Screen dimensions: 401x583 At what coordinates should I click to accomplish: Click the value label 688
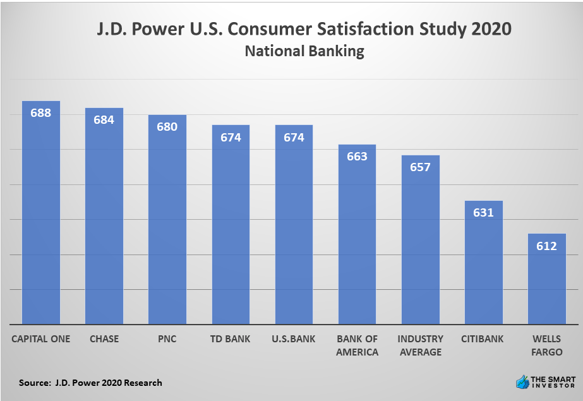click(x=41, y=113)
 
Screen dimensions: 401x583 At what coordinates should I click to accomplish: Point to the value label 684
click(x=104, y=119)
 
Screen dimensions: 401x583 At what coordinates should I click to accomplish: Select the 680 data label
click(x=167, y=126)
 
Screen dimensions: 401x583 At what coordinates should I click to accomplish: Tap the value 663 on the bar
click(x=357, y=156)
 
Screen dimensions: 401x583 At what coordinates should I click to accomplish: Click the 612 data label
click(x=546, y=246)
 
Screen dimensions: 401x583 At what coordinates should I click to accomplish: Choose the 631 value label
click(x=483, y=212)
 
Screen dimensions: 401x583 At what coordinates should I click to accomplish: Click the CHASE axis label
click(x=104, y=339)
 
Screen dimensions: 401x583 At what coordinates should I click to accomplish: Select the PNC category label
click(x=167, y=339)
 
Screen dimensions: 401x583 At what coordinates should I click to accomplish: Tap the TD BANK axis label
click(x=231, y=339)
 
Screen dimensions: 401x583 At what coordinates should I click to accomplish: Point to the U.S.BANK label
click(x=294, y=339)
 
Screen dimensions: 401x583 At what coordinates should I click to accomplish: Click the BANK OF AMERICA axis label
click(x=357, y=345)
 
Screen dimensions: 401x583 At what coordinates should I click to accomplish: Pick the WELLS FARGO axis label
click(x=546, y=345)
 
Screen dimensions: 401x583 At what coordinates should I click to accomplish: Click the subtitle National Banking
click(x=304, y=51)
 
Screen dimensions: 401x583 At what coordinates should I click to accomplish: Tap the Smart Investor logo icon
click(x=522, y=381)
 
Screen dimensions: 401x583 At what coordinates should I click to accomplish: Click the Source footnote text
click(x=90, y=383)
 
